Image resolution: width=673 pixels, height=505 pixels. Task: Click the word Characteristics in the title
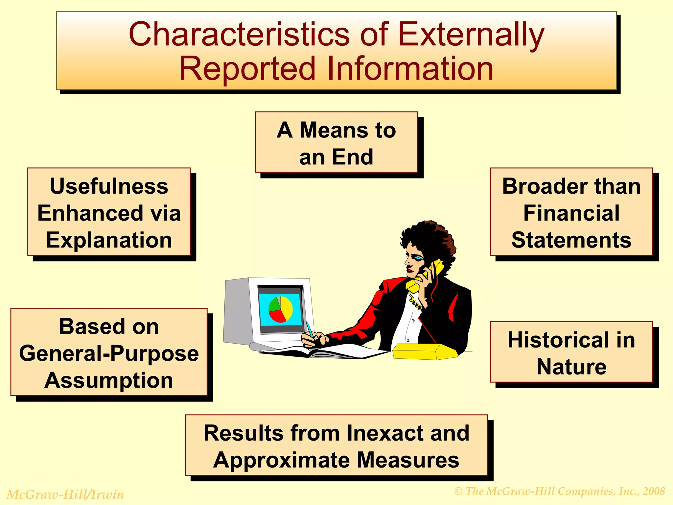tap(239, 34)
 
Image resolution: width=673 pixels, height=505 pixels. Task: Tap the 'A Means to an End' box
tap(336, 142)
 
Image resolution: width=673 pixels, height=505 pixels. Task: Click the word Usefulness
tap(109, 186)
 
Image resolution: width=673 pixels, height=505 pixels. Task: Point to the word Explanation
tap(109, 240)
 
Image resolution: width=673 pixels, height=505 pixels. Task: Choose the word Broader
tap(541, 186)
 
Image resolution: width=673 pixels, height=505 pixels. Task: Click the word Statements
tap(571, 240)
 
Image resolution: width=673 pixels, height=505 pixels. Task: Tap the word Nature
tap(571, 367)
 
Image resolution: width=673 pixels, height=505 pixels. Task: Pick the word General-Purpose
tap(109, 354)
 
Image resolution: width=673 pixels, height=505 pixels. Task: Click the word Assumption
tap(109, 381)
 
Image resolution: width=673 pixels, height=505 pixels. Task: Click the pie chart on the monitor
tap(280, 309)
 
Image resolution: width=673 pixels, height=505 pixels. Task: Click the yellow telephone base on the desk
tap(424, 352)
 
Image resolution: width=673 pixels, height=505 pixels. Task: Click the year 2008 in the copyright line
tap(654, 491)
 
